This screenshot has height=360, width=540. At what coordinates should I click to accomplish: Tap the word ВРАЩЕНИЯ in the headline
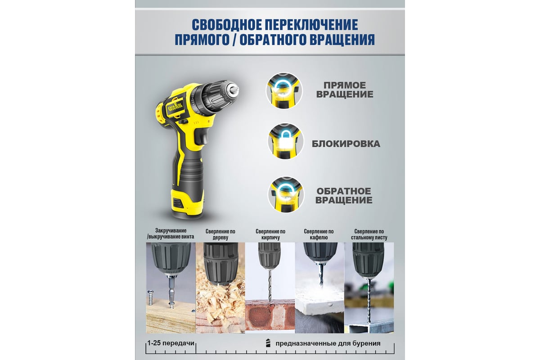[x=342, y=40]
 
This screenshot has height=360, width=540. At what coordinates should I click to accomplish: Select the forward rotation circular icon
[x=284, y=90]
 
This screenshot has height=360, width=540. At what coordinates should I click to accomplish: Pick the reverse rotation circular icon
[x=286, y=194]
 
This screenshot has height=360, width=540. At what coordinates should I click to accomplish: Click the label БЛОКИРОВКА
[x=346, y=144]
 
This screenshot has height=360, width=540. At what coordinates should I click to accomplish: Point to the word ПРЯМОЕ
[x=345, y=85]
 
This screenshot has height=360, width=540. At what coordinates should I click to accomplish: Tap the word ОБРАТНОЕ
[x=344, y=191]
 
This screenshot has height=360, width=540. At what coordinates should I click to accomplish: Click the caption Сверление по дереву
[x=220, y=234]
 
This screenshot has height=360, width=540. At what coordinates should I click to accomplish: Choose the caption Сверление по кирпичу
[x=270, y=234]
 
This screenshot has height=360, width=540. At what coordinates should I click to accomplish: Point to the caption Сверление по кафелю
[x=319, y=234]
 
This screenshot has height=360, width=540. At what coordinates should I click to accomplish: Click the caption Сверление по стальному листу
[x=369, y=234]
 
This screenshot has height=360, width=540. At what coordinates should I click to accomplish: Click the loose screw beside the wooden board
[x=150, y=297]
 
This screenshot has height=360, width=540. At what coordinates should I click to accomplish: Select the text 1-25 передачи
[x=171, y=343]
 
